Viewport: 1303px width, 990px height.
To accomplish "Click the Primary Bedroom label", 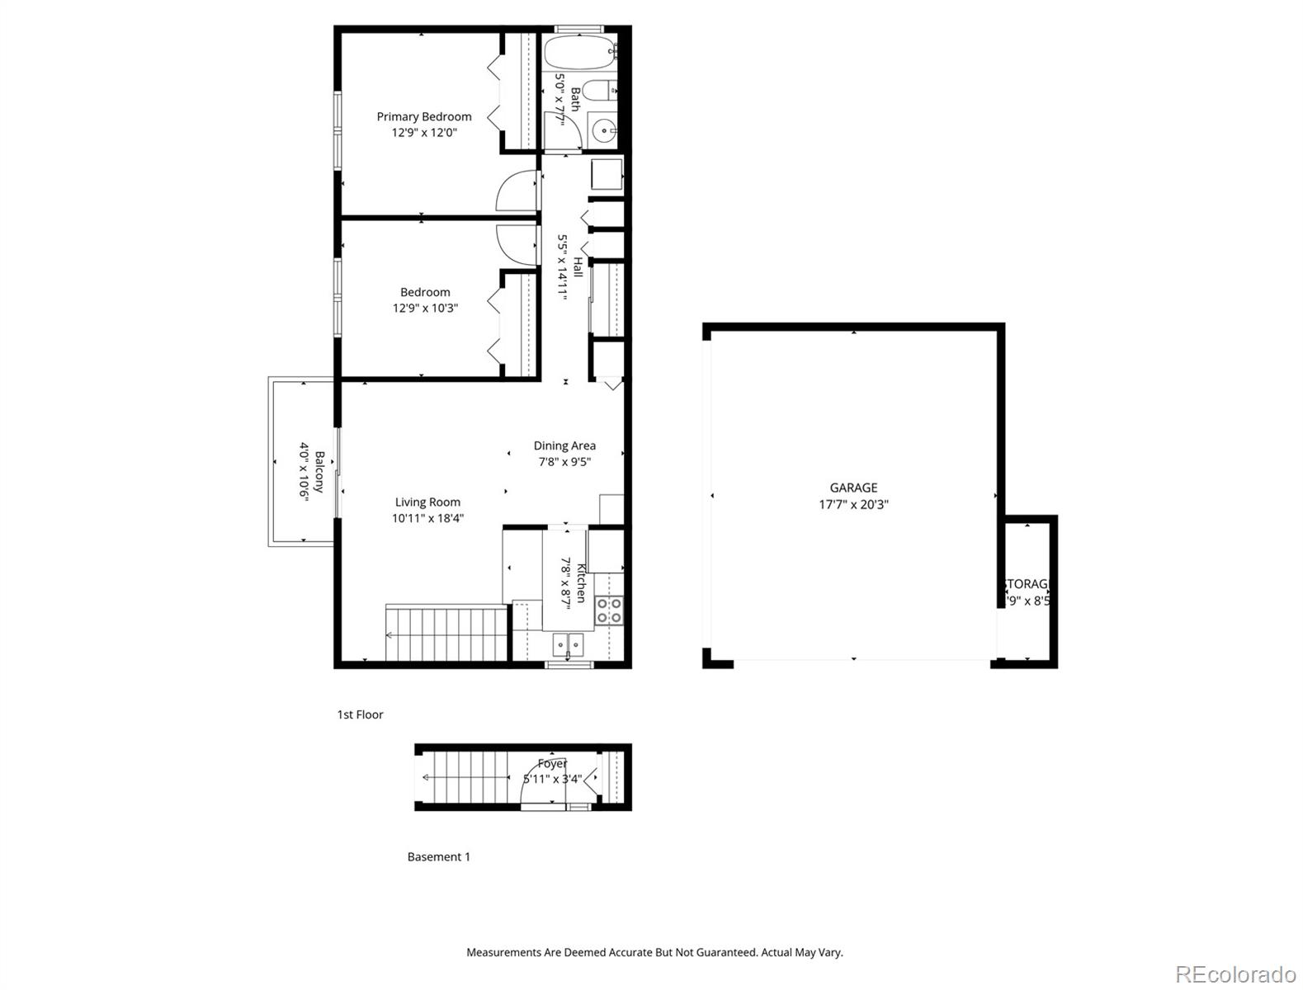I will (424, 117).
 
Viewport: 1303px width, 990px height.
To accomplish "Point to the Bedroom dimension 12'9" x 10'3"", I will (425, 308).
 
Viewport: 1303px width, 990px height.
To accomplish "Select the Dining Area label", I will (564, 445).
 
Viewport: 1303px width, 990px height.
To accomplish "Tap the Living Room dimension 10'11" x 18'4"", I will (427, 518).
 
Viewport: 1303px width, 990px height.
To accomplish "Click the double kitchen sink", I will (568, 643).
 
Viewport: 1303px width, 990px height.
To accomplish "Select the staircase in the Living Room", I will (446, 633).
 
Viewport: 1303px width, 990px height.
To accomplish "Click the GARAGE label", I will (853, 488).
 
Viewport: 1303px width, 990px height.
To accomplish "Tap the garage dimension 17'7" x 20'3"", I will (853, 504).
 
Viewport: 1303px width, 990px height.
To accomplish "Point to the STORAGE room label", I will (1026, 584).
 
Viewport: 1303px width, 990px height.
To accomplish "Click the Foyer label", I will (552, 764).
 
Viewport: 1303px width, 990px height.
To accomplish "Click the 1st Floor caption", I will (360, 714).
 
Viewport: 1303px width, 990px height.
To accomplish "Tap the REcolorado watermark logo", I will (1235, 973).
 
